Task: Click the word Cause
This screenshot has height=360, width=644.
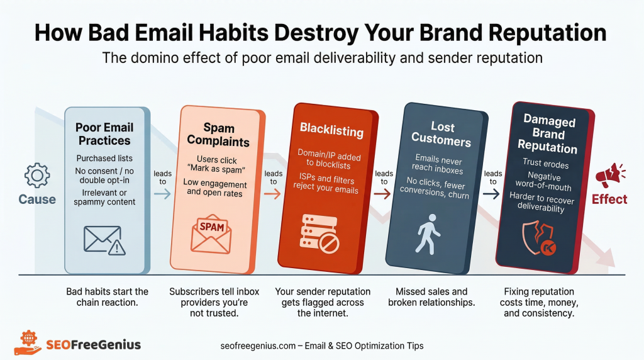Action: click(36, 200)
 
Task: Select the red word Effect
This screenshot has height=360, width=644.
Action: click(609, 200)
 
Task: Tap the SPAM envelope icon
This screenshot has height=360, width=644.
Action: click(211, 232)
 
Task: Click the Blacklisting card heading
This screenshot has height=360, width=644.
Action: click(331, 131)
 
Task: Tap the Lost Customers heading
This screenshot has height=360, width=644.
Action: click(434, 133)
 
